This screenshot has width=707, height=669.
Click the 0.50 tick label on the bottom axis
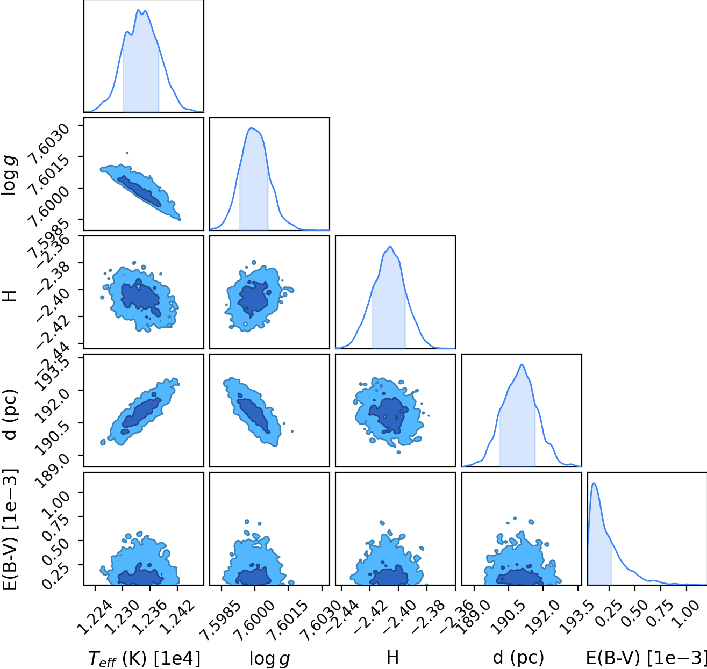coord(636,613)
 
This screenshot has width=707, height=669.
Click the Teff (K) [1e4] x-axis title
coord(144,658)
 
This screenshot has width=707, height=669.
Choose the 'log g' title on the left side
coord(9,174)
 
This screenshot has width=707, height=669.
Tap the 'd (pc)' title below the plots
coord(518,658)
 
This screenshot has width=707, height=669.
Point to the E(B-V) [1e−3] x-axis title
coord(646,658)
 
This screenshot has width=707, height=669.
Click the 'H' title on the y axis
coord(10,296)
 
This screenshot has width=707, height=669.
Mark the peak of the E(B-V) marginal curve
coord(594,483)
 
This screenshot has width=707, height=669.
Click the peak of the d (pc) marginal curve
coord(522,364)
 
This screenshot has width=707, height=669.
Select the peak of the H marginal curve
coord(390,246)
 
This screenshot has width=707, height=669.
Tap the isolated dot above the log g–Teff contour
coord(127,153)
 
